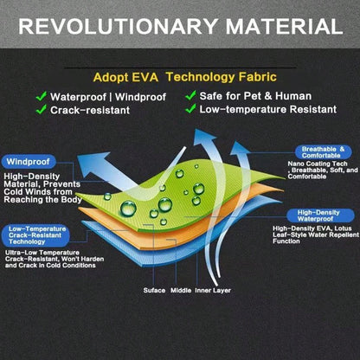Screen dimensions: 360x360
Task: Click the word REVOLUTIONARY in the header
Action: tap(119, 26)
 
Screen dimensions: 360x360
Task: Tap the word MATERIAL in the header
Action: tap(284, 26)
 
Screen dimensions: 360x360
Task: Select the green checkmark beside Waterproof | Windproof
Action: tap(42, 96)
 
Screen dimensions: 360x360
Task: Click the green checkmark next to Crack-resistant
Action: tap(42, 109)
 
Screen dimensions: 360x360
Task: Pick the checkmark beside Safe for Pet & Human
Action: tap(190, 95)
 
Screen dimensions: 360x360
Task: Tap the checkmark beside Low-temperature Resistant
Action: tap(190, 109)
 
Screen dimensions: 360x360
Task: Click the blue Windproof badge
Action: tap(29, 162)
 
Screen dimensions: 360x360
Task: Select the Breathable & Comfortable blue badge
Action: tap(324, 152)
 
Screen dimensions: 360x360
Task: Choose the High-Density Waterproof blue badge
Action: tap(320, 215)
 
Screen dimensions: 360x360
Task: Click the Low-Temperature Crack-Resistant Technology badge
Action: tap(35, 235)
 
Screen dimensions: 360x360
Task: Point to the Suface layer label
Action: tap(154, 290)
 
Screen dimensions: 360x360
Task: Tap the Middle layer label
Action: tap(181, 290)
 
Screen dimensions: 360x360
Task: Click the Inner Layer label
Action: tap(213, 290)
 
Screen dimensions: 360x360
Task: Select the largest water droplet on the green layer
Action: tap(128, 209)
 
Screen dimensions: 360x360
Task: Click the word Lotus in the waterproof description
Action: tap(343, 228)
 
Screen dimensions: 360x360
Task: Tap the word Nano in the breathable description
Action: tap(294, 164)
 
